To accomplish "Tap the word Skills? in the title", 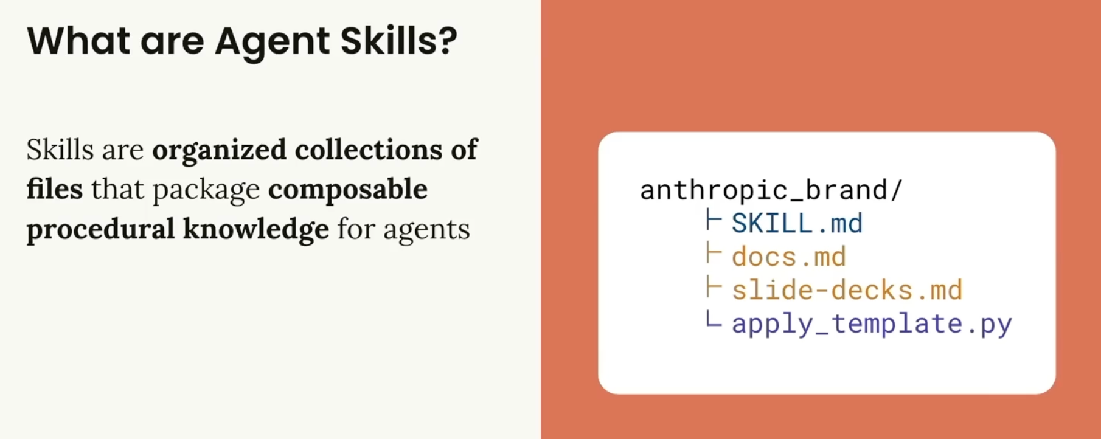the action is pyautogui.click(x=398, y=40).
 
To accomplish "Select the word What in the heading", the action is pyautogui.click(x=78, y=41).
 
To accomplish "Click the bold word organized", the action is pyautogui.click(x=219, y=150).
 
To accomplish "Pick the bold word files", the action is pyautogui.click(x=55, y=188).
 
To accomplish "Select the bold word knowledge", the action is pyautogui.click(x=256, y=230).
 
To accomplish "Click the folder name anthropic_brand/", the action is pyautogui.click(x=771, y=190).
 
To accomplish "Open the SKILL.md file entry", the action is pyautogui.click(x=797, y=223).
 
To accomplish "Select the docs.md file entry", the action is pyautogui.click(x=789, y=257).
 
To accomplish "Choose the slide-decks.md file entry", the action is pyautogui.click(x=847, y=290).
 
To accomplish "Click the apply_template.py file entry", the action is pyautogui.click(x=872, y=324).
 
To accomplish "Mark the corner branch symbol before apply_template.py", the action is pyautogui.click(x=713, y=320).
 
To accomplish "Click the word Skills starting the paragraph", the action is pyautogui.click(x=59, y=150).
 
